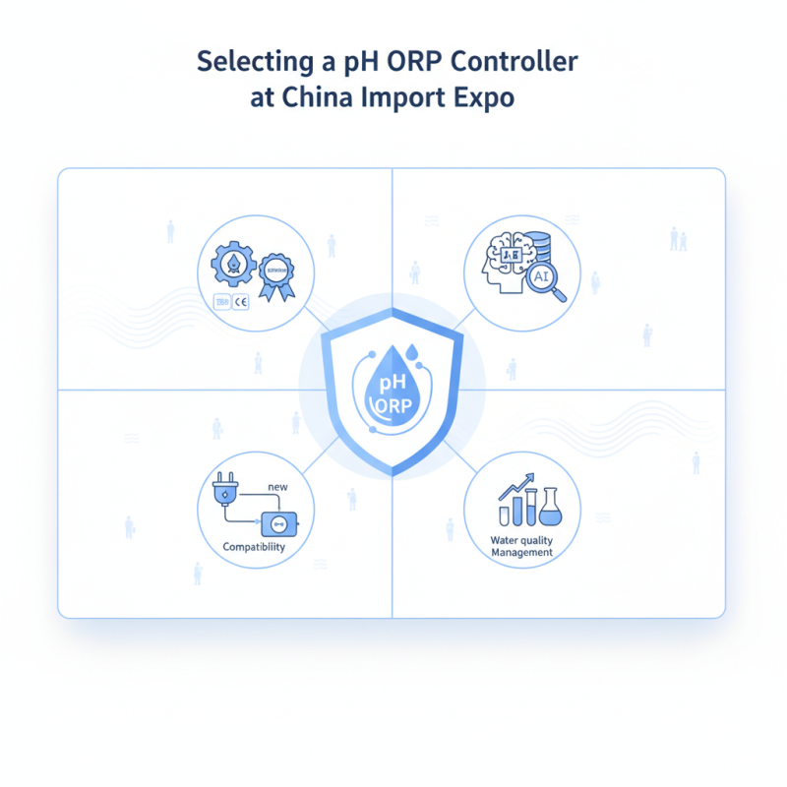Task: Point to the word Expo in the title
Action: pyautogui.click(x=482, y=100)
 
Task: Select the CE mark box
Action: pyautogui.click(x=240, y=302)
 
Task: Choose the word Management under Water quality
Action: pyautogui.click(x=521, y=553)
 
